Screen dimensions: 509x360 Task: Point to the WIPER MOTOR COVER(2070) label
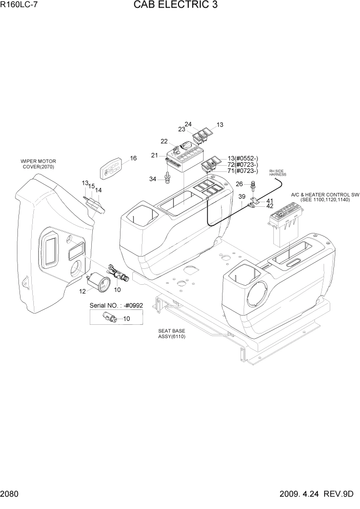pos(38,164)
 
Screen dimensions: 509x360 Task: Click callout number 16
pos(133,159)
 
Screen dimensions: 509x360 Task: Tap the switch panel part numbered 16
pos(112,168)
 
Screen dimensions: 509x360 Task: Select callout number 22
pos(164,141)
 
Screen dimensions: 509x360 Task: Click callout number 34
pos(153,179)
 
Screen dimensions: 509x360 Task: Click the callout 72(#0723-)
pos(243,164)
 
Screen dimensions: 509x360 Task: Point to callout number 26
pos(239,184)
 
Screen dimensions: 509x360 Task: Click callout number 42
pos(270,206)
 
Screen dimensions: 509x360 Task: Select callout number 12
pos(82,292)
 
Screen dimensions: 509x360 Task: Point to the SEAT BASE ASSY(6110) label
pos(172,334)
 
